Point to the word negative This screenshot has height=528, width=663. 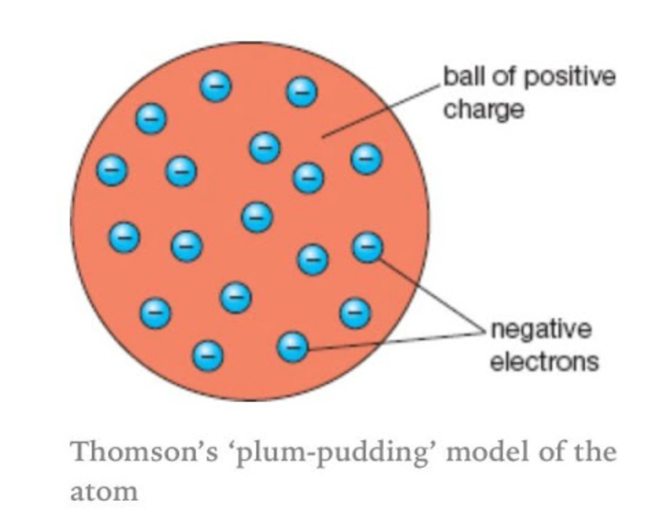click(541, 330)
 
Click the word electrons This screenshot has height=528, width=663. click(545, 361)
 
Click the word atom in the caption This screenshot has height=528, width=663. click(103, 490)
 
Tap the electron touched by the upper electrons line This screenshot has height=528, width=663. click(368, 247)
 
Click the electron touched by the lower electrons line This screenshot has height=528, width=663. click(293, 347)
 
